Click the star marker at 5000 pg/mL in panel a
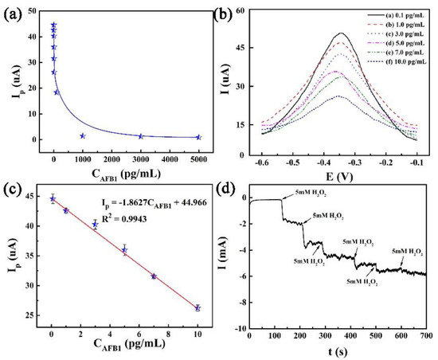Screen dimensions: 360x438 198,137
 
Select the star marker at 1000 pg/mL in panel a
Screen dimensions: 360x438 83,135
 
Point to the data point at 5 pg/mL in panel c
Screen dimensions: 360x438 124,250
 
